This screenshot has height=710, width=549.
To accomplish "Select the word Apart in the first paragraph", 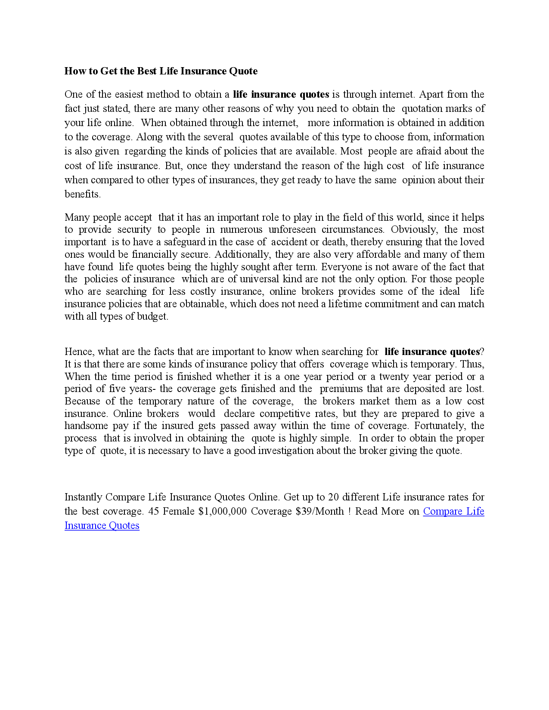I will click(431, 94).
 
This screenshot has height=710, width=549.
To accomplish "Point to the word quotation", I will click(422, 108).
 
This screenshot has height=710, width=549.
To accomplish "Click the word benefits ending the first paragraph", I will click(82, 194).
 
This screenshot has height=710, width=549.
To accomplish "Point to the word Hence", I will click(78, 352).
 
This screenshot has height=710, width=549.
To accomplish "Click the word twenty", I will click(394, 377).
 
